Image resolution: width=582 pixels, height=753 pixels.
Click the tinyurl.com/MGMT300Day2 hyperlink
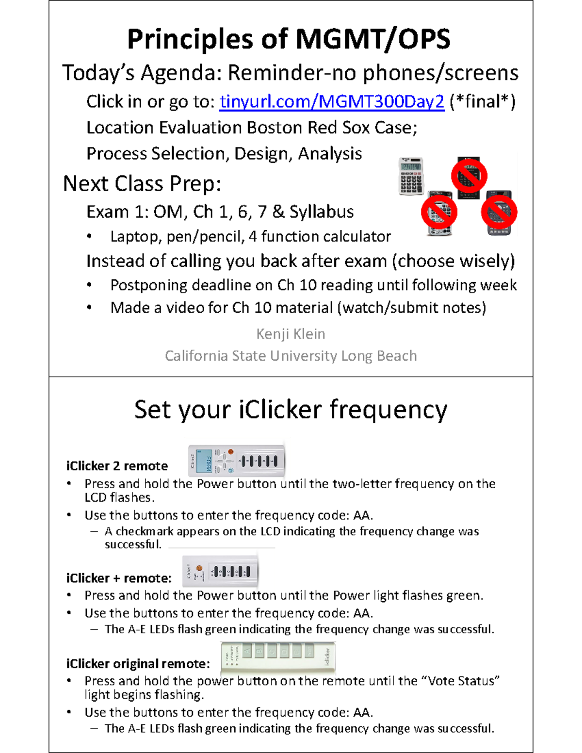click(x=332, y=102)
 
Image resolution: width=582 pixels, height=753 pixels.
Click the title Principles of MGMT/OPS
click(x=289, y=39)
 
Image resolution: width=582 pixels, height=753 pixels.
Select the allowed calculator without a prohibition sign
click(x=411, y=176)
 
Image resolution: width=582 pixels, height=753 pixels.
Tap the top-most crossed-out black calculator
click(x=469, y=176)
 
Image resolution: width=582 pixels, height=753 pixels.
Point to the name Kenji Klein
click(x=291, y=334)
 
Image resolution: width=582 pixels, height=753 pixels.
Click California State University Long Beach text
click(x=291, y=356)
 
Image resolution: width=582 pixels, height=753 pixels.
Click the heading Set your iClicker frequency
click(x=291, y=410)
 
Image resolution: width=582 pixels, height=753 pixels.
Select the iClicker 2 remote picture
click(x=236, y=461)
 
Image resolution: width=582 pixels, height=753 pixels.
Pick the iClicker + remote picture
click(x=220, y=572)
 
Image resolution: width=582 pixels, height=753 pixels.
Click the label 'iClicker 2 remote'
click(x=117, y=466)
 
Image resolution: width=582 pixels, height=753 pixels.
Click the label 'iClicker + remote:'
click(x=119, y=578)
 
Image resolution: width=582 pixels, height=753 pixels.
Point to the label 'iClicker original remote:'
click(x=138, y=664)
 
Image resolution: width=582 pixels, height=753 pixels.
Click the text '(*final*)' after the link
click(x=482, y=102)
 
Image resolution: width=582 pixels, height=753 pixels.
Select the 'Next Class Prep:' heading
click(x=142, y=184)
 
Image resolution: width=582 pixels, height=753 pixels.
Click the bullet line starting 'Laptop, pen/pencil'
click(x=250, y=237)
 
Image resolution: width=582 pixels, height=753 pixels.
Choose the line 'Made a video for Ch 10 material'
click(x=298, y=308)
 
